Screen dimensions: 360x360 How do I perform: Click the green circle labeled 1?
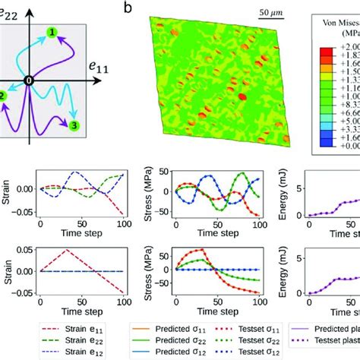(52, 32)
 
